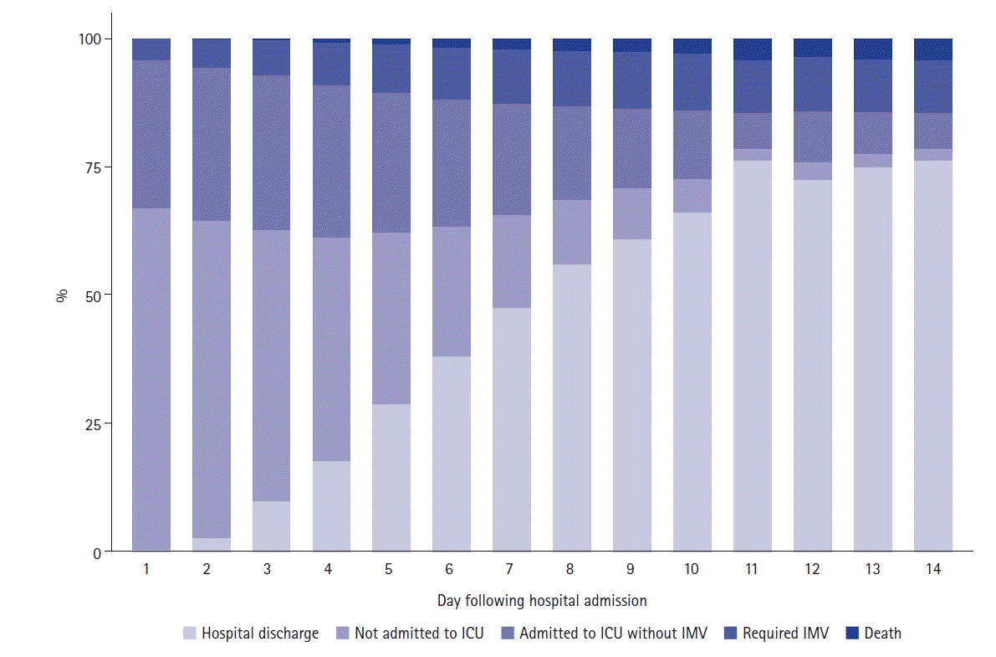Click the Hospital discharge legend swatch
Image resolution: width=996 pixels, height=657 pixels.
coord(189,633)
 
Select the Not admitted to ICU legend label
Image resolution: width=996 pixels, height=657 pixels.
coord(419,634)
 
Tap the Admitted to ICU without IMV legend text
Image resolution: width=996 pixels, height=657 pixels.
coord(613,634)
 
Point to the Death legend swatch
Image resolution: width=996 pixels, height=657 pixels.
coord(852,633)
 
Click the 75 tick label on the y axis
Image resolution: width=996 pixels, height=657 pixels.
coord(93,168)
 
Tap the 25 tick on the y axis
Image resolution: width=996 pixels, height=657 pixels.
coord(93,424)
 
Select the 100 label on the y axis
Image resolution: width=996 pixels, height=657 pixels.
coord(89,39)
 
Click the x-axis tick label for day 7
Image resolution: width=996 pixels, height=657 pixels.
coord(508,569)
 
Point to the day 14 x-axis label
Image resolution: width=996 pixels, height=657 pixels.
coord(933,569)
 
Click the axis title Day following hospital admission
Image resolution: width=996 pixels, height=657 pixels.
coord(542,601)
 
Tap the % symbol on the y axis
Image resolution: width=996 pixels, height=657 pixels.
coord(62,295)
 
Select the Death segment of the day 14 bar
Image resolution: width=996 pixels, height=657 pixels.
coord(933,49)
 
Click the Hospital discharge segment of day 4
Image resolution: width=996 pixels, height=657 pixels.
coord(331,506)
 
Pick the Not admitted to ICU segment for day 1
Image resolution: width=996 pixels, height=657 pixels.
coord(151,380)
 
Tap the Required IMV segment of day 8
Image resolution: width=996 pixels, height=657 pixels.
coord(572,79)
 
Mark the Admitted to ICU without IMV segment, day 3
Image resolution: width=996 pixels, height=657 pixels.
coord(271,153)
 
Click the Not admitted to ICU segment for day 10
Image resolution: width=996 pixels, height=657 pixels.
coord(692,196)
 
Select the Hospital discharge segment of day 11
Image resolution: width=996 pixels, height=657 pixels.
coord(753,357)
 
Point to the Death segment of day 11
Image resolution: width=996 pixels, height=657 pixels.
coord(753,49)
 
